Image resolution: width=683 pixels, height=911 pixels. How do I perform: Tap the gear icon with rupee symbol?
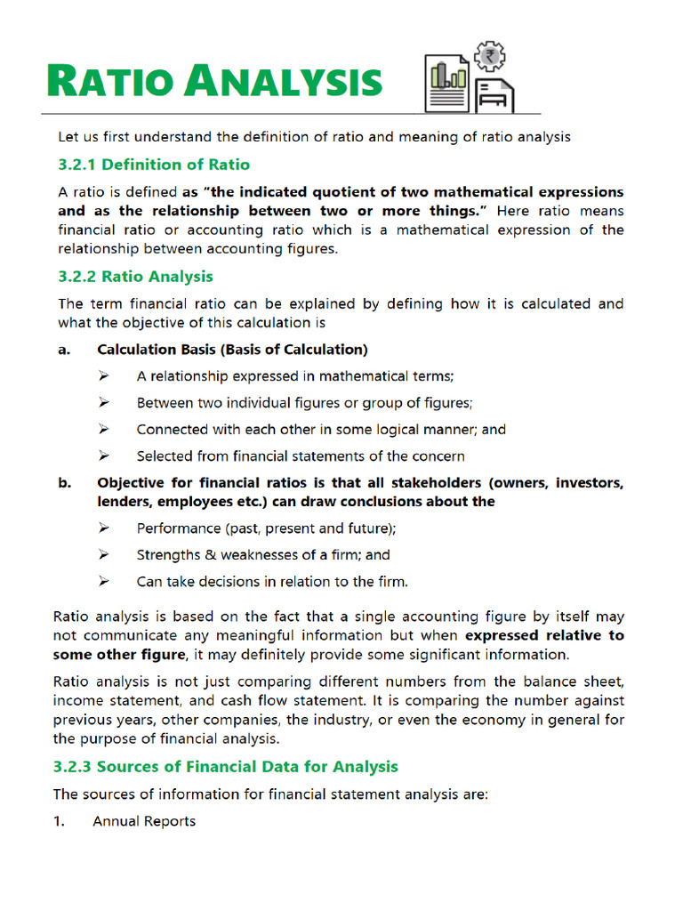(x=487, y=56)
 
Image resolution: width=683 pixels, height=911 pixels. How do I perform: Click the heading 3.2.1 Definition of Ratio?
(x=154, y=165)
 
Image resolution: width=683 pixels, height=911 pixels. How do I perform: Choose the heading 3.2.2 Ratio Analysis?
(x=135, y=277)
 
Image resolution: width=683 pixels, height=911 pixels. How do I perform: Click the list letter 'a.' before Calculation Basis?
(x=64, y=350)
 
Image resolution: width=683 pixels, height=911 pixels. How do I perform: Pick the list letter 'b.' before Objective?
(x=64, y=483)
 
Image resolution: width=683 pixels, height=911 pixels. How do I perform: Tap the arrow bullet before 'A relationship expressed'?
(x=104, y=376)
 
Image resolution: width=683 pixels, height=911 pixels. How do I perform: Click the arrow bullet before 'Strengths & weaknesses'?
(x=104, y=555)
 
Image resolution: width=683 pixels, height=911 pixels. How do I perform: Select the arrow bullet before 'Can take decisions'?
(x=104, y=582)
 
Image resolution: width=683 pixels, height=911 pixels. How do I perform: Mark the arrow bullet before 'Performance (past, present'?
(x=104, y=528)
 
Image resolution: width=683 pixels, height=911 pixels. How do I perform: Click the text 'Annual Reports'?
(x=144, y=821)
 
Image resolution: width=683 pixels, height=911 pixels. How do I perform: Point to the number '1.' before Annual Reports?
(x=59, y=821)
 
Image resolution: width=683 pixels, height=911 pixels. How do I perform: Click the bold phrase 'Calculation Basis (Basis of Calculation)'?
(x=232, y=350)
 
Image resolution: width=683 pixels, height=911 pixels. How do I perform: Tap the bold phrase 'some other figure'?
(x=119, y=655)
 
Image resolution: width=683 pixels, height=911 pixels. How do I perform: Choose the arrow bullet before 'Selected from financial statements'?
(x=104, y=456)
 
